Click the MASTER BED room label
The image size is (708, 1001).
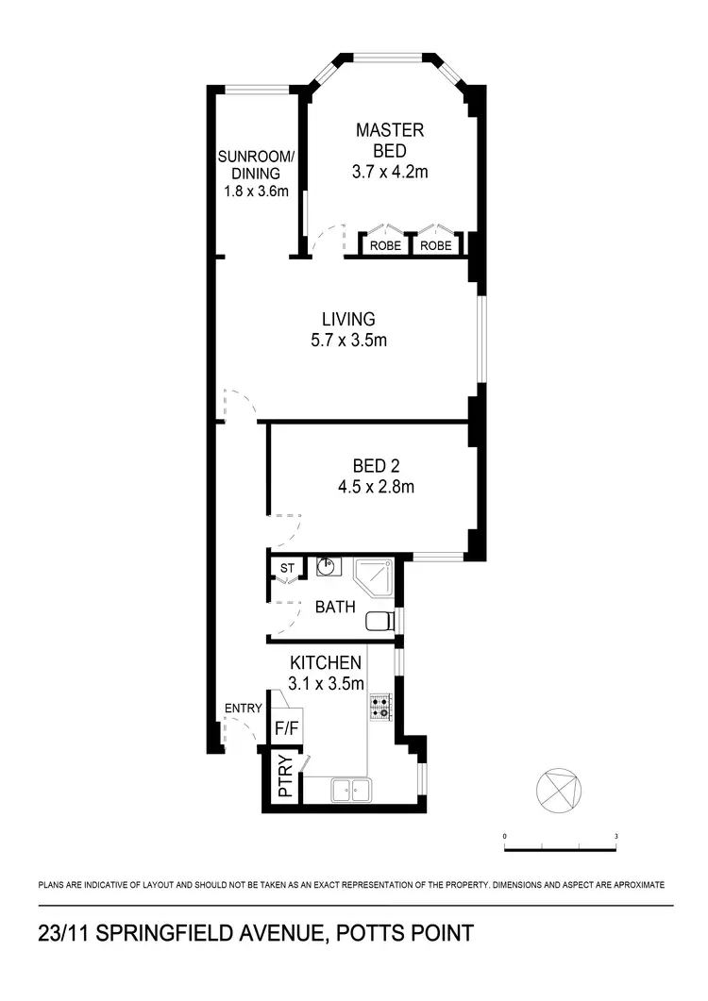[389, 140]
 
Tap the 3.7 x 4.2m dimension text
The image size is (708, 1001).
[389, 172]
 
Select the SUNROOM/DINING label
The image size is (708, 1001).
[256, 164]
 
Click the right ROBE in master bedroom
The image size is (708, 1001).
[435, 245]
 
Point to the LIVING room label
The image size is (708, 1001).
[347, 319]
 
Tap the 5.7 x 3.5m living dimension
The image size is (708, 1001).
[347, 341]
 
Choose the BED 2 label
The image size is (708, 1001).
[376, 466]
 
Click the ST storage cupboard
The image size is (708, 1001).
[286, 568]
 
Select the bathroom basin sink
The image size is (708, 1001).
[328, 567]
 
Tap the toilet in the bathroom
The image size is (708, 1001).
[379, 621]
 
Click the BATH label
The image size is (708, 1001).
[335, 607]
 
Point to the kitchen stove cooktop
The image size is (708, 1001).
[381, 707]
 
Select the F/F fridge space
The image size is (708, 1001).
[284, 728]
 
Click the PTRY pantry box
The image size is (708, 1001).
[284, 779]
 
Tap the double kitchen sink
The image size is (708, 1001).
[350, 790]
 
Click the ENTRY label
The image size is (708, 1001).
[243, 709]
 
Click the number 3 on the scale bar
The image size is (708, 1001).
[615, 836]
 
